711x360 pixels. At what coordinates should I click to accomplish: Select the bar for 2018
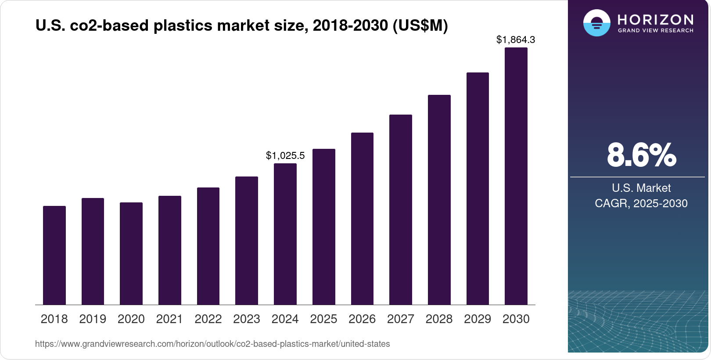[x=54, y=255]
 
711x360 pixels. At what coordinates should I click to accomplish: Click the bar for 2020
[x=131, y=253]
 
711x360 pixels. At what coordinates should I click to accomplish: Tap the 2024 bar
[x=285, y=234]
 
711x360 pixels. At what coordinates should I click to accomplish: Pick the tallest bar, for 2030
[x=516, y=176]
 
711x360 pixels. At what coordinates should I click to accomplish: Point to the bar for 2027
[x=401, y=209]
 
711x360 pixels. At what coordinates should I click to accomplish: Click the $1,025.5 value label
[x=285, y=155]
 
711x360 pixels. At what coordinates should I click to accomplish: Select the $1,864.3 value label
[x=516, y=40]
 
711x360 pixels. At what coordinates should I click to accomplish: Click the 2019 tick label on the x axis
[x=93, y=319]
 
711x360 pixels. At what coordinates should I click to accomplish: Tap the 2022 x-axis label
[x=208, y=319]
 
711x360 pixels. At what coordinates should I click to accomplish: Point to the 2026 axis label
[x=362, y=319]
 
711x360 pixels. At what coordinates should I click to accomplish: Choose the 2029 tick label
[x=478, y=319]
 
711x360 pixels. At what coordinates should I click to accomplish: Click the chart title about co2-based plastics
[x=241, y=25]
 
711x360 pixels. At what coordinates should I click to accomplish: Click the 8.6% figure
[x=641, y=155]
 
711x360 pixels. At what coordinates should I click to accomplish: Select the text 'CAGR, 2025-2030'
[x=641, y=203]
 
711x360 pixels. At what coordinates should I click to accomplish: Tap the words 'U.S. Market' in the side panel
[x=641, y=188]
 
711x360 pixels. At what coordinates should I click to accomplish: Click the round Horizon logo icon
[x=596, y=23]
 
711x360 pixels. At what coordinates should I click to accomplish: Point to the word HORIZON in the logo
[x=656, y=19]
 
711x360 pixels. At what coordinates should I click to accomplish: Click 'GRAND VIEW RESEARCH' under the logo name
[x=656, y=30]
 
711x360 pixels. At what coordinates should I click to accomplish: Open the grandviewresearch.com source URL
[x=212, y=344]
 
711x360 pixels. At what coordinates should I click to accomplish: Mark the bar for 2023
[x=247, y=241]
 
